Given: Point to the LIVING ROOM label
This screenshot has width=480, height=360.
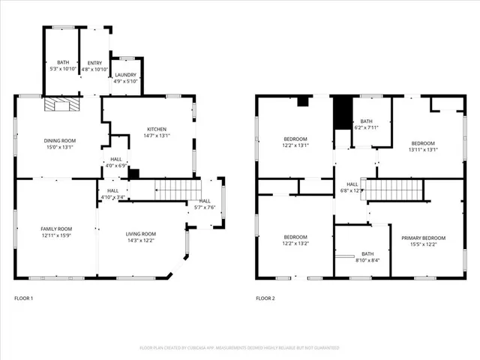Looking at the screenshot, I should point(140,234).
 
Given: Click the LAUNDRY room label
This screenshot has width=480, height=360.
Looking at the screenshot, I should point(125,75).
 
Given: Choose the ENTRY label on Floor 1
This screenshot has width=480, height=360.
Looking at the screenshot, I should point(94,63).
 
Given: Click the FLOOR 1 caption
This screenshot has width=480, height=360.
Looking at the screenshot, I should point(24,298).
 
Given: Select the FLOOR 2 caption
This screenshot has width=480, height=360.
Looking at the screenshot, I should point(265,298).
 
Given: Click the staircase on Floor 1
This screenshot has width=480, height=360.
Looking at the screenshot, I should point(178,189).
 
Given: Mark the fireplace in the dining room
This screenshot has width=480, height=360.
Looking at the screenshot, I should point(60,105).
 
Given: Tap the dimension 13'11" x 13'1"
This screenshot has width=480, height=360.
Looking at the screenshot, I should point(423,149).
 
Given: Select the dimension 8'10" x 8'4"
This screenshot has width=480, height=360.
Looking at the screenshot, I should point(367,260).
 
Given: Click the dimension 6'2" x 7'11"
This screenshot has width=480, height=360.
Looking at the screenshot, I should point(366,127).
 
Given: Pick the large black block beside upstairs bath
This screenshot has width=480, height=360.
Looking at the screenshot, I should point(343,112).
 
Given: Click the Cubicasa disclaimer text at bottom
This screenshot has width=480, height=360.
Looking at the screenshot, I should point(240,348).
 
